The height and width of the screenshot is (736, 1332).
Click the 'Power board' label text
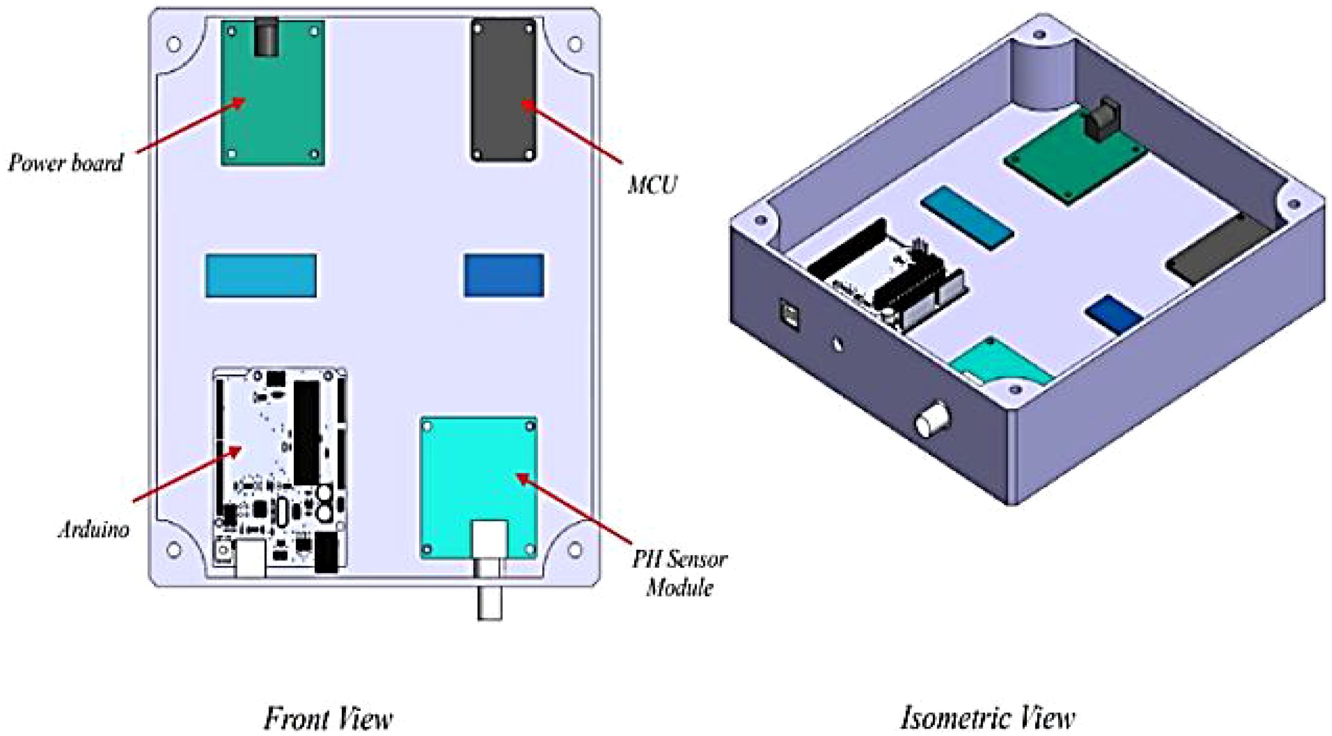[x=66, y=162]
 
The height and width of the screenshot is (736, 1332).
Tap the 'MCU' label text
[x=651, y=185]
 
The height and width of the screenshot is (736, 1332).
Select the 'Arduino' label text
[x=94, y=529]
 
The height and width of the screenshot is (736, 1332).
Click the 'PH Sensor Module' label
[x=679, y=573]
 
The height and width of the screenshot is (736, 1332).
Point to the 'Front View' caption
[x=328, y=718]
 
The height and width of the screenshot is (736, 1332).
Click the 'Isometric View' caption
[x=988, y=718]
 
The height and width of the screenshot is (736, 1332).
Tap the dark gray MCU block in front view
[x=503, y=91]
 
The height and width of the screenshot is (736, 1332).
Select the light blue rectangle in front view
[x=261, y=276]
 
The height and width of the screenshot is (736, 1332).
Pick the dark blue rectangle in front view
[x=504, y=276]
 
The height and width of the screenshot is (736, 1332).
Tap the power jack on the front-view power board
[x=266, y=36]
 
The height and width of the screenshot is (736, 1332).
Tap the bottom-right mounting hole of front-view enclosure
[x=574, y=550]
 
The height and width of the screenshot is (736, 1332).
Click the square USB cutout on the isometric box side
[x=789, y=315]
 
